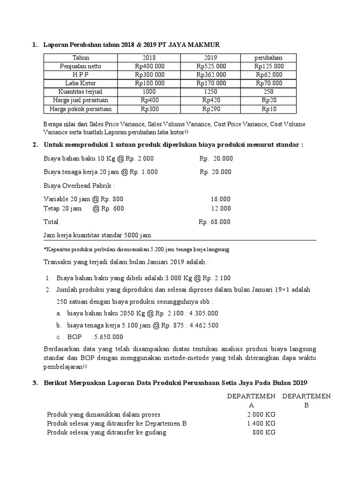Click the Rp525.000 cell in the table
tap(211, 66)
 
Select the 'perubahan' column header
tap(269, 58)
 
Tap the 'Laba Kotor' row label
tap(80, 83)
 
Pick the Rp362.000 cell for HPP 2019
tap(211, 75)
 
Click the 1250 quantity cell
tap(211, 91)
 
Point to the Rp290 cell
tap(211, 109)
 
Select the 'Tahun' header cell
tap(80, 58)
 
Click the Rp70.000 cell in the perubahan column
tap(269, 83)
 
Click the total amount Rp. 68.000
tap(215, 222)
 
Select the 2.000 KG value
tap(261, 414)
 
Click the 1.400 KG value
tap(261, 423)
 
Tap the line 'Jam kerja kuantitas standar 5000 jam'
tap(97, 235)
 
